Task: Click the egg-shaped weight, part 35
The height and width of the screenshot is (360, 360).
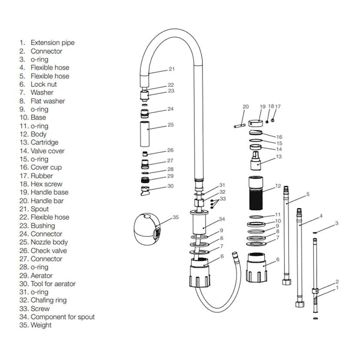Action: click(146, 228)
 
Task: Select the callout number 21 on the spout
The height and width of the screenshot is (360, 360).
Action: click(171, 69)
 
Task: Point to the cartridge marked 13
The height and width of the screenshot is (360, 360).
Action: click(257, 163)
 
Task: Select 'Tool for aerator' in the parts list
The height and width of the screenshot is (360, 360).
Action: click(53, 284)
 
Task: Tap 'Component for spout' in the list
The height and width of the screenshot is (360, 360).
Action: click(62, 317)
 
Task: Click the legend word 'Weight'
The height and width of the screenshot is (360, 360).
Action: click(41, 325)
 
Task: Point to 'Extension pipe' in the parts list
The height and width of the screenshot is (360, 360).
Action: click(52, 43)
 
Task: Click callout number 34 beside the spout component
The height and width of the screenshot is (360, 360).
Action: click(222, 219)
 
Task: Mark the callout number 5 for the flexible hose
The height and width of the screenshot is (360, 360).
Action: click(308, 194)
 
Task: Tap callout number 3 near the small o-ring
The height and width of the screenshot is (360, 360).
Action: click(337, 223)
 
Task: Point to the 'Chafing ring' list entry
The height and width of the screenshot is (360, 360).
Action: click(48, 300)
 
